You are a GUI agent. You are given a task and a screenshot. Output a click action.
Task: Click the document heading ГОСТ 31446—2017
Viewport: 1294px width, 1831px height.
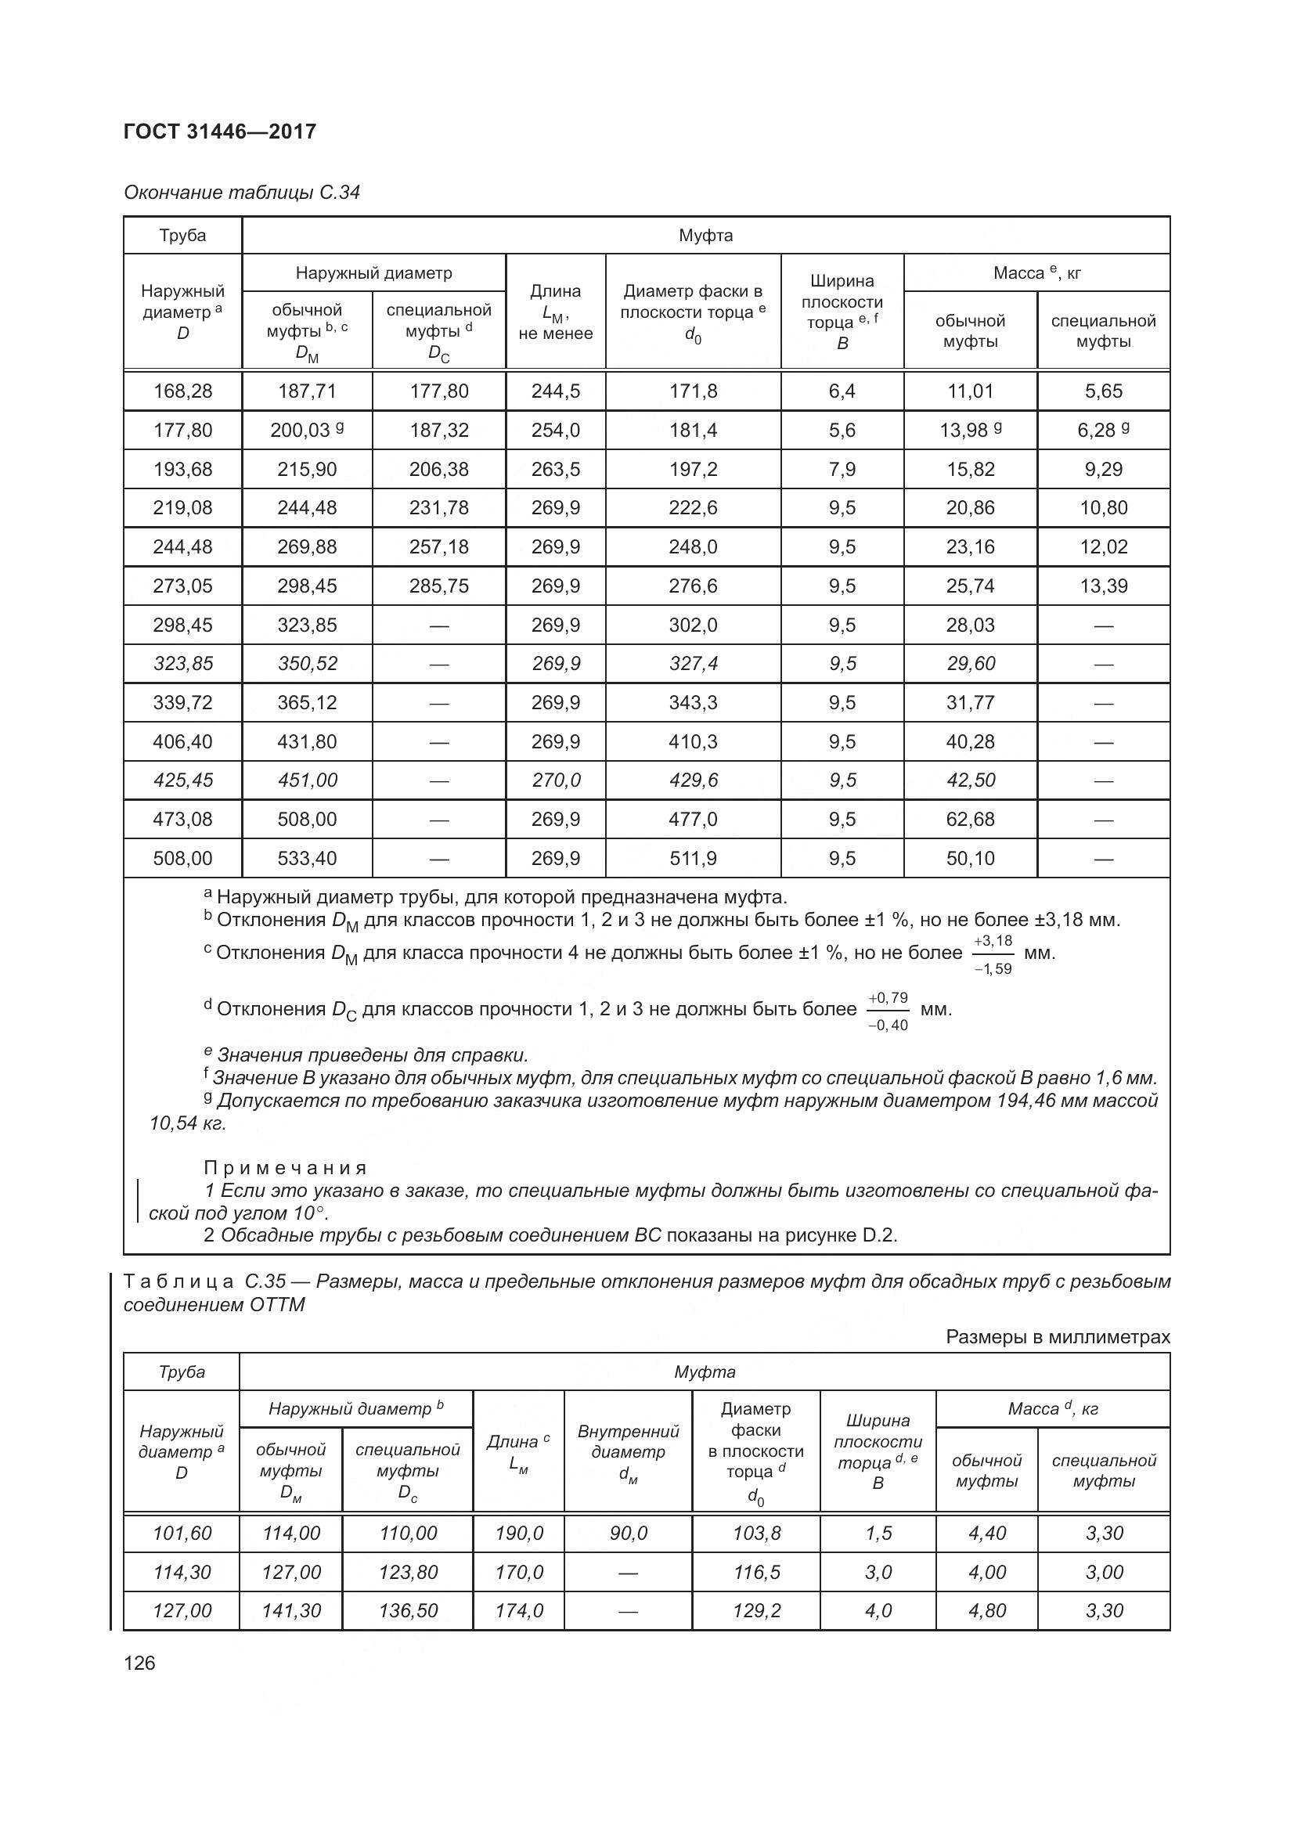point(220,132)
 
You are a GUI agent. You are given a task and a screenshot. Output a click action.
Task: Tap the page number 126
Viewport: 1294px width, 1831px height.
point(139,1663)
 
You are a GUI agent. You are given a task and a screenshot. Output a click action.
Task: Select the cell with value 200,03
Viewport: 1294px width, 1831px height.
point(301,431)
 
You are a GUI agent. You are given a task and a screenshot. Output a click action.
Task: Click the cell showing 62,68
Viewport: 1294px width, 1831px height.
point(970,819)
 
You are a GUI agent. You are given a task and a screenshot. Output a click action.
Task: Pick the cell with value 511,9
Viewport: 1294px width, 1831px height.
point(693,858)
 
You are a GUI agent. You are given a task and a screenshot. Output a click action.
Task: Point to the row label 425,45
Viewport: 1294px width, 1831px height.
point(182,780)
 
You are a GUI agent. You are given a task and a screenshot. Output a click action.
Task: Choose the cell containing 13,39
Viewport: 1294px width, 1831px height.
point(1104,586)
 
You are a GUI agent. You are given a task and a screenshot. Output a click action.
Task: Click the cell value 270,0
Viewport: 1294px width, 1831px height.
point(556,780)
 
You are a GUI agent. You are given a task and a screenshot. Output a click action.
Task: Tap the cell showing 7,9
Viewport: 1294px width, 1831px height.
point(842,469)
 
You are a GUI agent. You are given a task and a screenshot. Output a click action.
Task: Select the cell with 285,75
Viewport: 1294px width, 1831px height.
point(438,586)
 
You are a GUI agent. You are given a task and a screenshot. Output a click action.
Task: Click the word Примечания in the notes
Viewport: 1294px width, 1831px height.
point(286,1167)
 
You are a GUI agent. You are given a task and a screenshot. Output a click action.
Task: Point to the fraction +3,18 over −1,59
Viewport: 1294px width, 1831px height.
point(993,953)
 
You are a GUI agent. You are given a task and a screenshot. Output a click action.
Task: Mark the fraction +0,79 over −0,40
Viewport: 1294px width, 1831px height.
point(888,1011)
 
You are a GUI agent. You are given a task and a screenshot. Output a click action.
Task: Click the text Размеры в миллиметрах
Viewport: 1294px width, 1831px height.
point(1058,1336)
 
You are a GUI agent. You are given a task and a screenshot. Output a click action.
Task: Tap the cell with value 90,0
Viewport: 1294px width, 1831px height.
point(629,1533)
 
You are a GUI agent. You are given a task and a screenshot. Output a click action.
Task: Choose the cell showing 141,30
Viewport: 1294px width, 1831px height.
point(291,1610)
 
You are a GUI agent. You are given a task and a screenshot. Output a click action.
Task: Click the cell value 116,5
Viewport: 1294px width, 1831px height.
point(756,1572)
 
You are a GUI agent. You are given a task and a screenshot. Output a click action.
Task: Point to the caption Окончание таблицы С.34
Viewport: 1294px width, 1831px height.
point(242,193)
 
